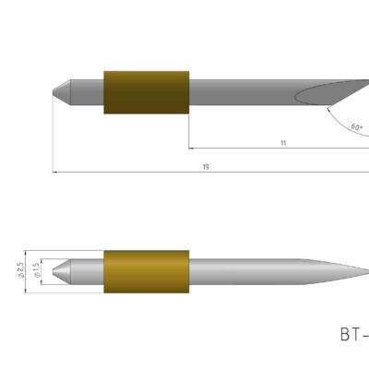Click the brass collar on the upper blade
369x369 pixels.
tap(147, 91)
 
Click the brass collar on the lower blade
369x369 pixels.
tap(147, 274)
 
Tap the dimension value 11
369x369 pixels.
tap(283, 143)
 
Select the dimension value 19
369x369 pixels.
tap(205, 167)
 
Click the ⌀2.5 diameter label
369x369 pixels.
tap(20, 269)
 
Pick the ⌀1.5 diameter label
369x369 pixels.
tap(36, 270)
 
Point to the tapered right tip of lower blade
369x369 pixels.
tap(355, 274)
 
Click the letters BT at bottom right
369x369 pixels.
tap(350, 334)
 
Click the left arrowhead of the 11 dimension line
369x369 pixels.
tap(192, 148)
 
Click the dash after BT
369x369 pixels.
tap(365, 335)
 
